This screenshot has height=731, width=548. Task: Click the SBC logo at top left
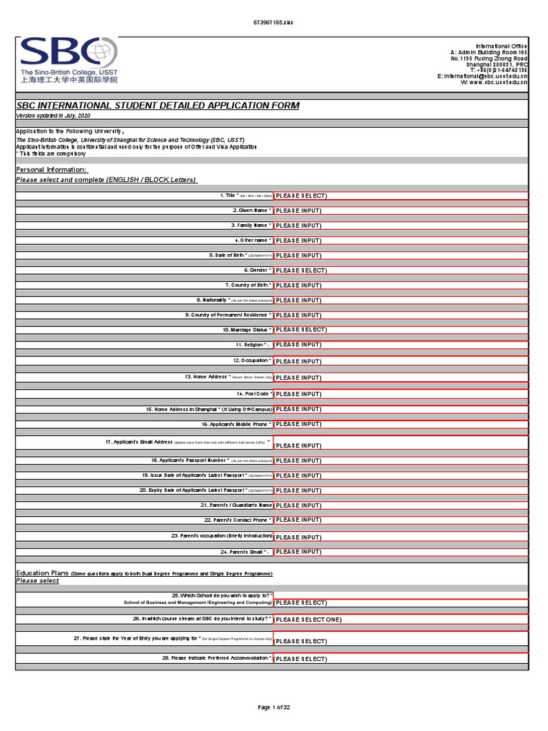point(68,61)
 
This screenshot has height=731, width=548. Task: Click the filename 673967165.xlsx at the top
point(274,22)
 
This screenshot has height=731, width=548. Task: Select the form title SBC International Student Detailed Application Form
point(158,106)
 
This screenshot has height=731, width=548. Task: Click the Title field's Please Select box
point(400,196)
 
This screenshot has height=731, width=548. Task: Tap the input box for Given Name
point(400,211)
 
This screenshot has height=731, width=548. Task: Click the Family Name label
point(250,226)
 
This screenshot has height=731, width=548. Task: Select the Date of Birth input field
point(400,256)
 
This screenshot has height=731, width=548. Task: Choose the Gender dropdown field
point(400,271)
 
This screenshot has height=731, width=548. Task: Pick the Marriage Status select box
point(400,330)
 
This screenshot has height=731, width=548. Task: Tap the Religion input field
point(400,345)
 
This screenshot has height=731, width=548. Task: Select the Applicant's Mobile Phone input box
point(400,424)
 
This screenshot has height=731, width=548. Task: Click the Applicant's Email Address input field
point(400,444)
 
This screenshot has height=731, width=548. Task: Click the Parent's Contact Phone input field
point(400,520)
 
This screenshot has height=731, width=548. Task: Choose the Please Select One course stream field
point(400,620)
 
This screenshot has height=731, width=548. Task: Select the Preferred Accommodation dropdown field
point(400,658)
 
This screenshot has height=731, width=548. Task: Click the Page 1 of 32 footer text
point(274,707)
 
